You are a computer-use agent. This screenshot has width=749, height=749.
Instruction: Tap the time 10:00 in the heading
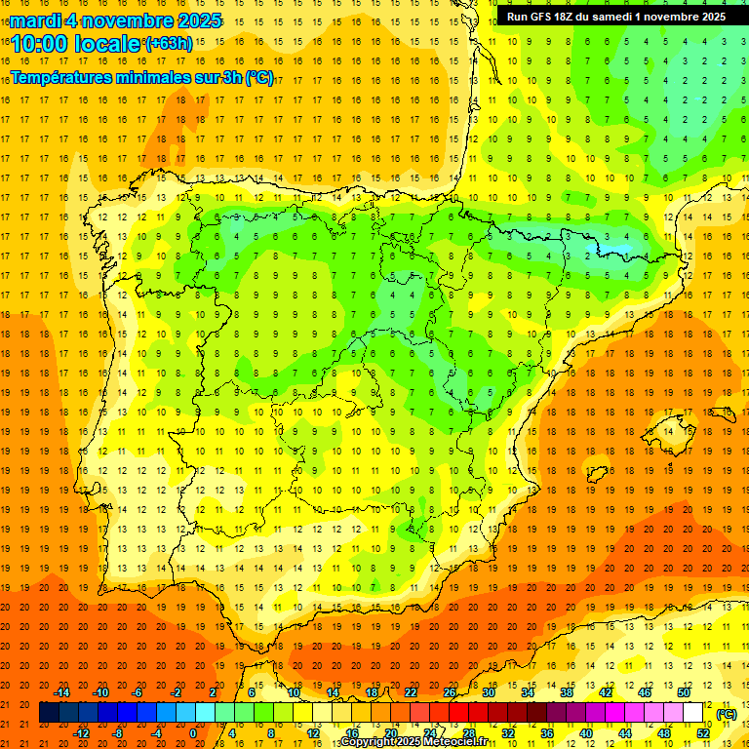pos(39,43)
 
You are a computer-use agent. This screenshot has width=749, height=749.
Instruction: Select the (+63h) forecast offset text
pos(169,43)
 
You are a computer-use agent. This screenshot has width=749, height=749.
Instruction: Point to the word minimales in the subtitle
pos(167,78)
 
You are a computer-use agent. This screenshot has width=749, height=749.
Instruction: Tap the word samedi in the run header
pos(622,17)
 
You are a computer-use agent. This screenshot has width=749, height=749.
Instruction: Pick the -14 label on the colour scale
pos(62,692)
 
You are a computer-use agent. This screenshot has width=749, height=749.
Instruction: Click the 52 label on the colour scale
pos(703,733)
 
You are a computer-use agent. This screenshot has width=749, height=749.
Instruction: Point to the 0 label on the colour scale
pos(193,733)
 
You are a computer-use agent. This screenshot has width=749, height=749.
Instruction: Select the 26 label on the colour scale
pos(450,692)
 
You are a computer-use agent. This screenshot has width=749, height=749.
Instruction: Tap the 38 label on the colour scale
pos(567,692)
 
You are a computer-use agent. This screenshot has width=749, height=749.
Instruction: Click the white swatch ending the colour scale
pos(692,713)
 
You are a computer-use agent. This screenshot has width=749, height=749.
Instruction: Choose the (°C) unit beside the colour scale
pos(726,714)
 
